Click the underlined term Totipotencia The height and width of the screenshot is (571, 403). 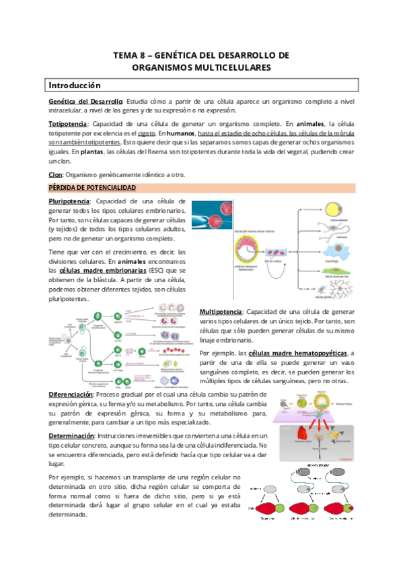point(68,124)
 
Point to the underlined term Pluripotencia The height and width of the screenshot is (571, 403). point(69,201)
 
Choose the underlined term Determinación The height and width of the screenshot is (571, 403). point(75,437)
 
